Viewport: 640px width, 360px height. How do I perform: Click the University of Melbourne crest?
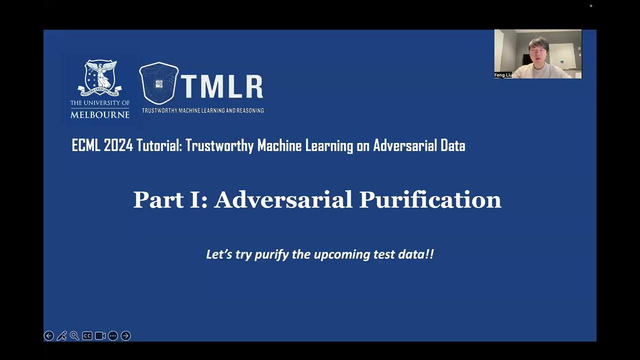tap(100, 77)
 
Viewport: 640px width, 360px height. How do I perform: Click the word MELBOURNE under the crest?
tap(100, 114)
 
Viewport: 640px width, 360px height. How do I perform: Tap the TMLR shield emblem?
tap(158, 83)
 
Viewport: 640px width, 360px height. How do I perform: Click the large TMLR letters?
tap(221, 87)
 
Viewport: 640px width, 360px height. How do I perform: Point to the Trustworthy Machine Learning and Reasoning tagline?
tap(202, 110)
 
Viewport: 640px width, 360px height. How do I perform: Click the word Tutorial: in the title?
tap(159, 146)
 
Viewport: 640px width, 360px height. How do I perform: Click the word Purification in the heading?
tap(430, 200)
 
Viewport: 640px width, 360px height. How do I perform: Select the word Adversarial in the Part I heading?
tap(283, 200)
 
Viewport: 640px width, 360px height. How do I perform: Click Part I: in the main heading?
tap(170, 200)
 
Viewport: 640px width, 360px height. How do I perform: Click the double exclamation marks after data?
tap(429, 254)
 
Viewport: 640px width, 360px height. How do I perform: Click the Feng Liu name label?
tap(503, 75)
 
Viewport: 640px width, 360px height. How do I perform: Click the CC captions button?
tap(87, 336)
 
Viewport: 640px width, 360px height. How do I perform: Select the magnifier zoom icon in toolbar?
tap(74, 336)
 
